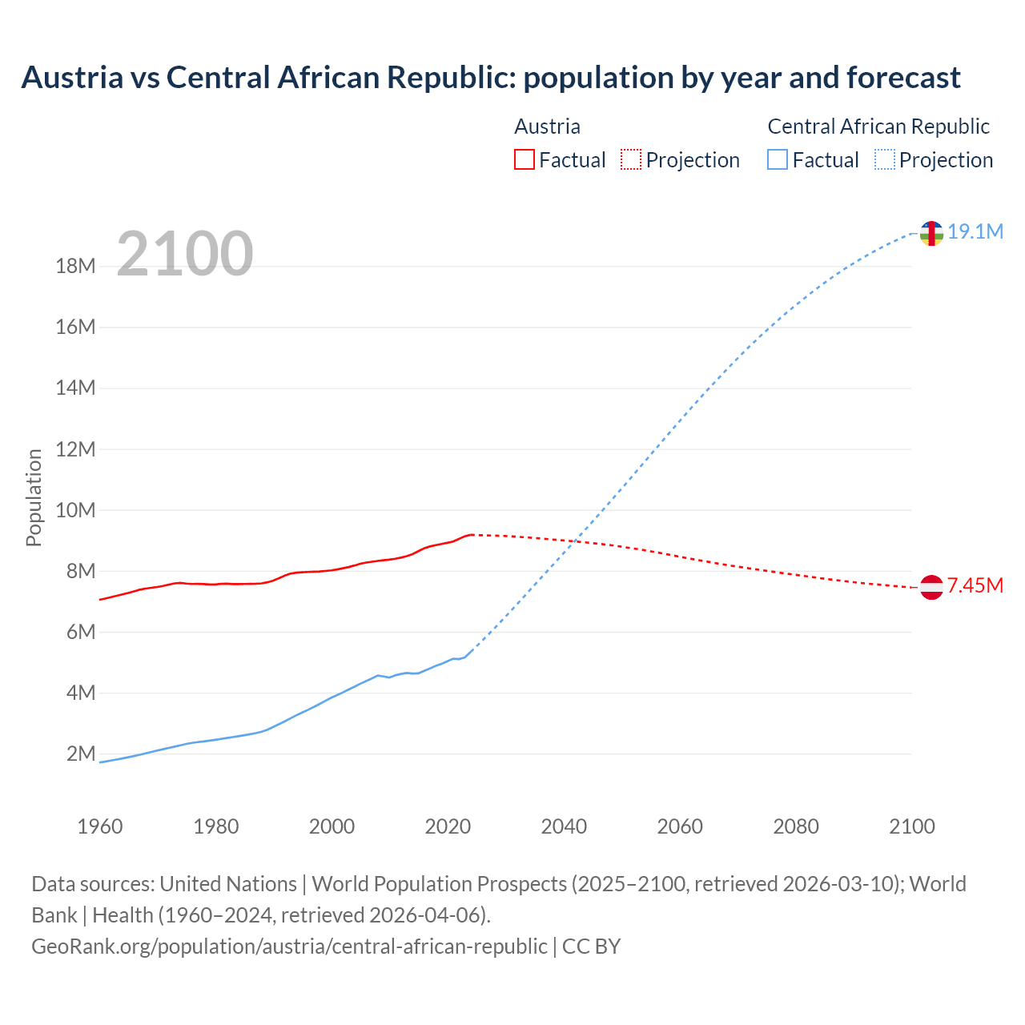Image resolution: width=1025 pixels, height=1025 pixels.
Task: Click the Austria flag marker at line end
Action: (x=931, y=587)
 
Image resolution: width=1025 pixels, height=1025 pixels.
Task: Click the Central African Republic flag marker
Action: (x=931, y=233)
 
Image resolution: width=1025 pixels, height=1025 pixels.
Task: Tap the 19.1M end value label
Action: (x=975, y=232)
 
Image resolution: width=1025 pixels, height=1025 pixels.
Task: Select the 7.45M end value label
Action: (x=975, y=586)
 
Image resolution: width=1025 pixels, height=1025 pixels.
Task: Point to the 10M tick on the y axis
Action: (x=75, y=510)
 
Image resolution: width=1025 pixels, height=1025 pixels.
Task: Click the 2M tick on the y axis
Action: (x=81, y=754)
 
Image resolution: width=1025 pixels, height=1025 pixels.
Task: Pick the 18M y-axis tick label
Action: (x=75, y=266)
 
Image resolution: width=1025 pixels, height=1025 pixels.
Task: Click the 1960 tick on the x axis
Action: (x=100, y=826)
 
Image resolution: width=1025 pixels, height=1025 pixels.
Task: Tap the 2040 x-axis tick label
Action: (x=564, y=826)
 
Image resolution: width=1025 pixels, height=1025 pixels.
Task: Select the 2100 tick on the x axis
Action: (x=911, y=826)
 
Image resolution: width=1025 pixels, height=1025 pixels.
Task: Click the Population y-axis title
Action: (x=34, y=497)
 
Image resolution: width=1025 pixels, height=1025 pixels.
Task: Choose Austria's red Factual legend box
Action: (x=524, y=159)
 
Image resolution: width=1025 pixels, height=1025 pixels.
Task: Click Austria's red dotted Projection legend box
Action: (x=631, y=159)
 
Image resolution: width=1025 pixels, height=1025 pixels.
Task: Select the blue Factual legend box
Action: (x=778, y=159)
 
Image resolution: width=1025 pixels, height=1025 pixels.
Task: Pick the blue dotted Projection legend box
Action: (x=884, y=159)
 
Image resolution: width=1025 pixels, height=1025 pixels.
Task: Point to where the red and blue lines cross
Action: (x=578, y=542)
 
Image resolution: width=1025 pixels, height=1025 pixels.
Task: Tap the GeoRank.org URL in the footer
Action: (x=289, y=947)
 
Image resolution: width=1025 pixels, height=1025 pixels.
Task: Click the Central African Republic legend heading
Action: (x=878, y=127)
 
